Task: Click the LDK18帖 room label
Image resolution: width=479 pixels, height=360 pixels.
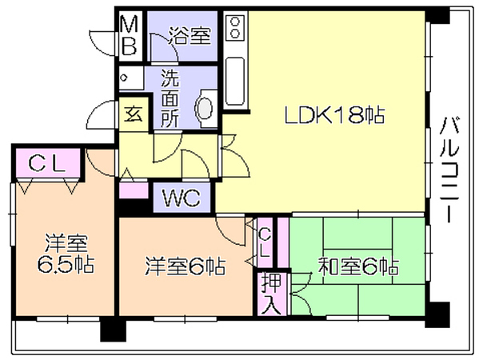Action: tap(334, 115)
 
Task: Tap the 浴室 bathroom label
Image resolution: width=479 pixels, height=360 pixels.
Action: tap(190, 36)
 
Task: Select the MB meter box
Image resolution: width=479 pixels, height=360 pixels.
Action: tap(130, 36)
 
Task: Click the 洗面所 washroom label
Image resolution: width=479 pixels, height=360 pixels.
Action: tap(170, 98)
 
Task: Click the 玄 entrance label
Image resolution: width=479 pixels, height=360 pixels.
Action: tap(134, 114)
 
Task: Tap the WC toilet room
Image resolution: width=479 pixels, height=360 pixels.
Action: tap(182, 198)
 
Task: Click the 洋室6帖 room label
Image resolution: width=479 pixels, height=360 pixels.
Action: tap(186, 266)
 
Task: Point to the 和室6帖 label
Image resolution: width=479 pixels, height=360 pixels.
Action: tap(358, 266)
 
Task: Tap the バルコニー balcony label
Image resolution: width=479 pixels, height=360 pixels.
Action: tap(449, 170)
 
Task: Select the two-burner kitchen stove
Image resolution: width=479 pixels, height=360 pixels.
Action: tap(235, 27)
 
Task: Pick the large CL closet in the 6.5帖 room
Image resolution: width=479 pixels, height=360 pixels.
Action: tap(48, 163)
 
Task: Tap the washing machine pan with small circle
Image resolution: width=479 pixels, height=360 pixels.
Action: tap(131, 78)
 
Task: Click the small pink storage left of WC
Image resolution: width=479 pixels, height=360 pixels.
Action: tap(134, 190)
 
